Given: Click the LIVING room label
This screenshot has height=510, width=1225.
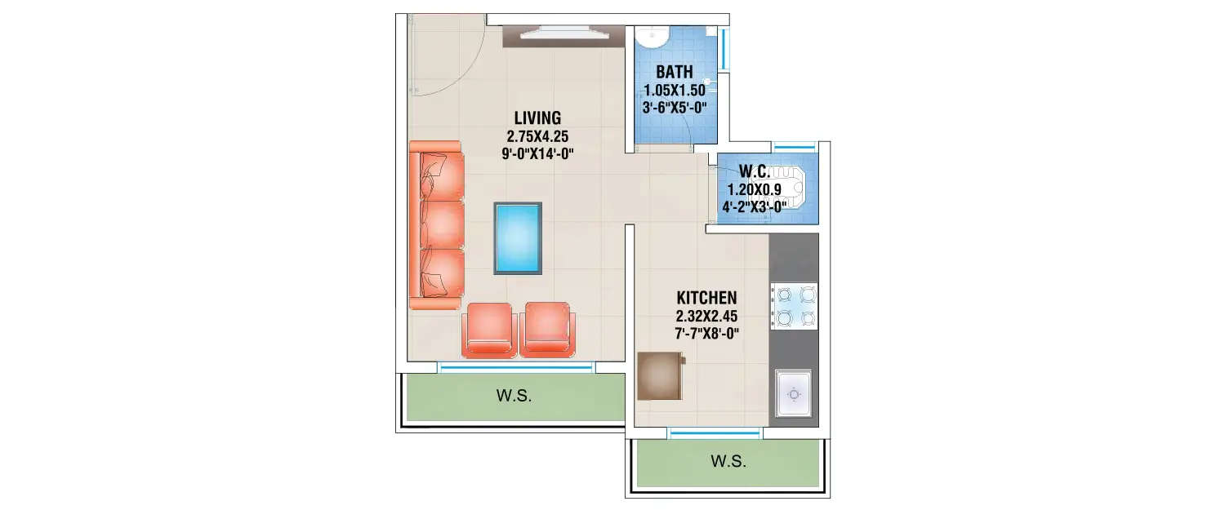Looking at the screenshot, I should coord(537,117).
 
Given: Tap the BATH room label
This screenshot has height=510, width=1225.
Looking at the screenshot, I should coord(674,73).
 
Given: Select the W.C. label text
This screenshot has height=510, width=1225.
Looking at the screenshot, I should coord(757,171).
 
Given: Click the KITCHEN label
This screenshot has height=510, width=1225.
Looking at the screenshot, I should coord(706,297).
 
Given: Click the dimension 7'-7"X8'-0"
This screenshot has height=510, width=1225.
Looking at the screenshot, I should coord(706,333).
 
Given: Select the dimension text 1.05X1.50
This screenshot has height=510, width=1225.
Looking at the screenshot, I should coord(674,91).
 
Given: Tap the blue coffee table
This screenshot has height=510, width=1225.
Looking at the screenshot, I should coord(518,238).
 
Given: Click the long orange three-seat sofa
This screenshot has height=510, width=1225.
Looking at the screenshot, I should coord(437,225).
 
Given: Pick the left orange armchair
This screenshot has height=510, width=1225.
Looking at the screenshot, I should coord(488,330).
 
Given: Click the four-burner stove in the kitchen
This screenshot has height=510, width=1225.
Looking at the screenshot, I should coord(794,306).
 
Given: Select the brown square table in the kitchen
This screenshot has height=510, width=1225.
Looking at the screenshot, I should coord(659,375).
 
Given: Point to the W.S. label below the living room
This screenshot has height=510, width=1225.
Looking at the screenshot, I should coord(514,397).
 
